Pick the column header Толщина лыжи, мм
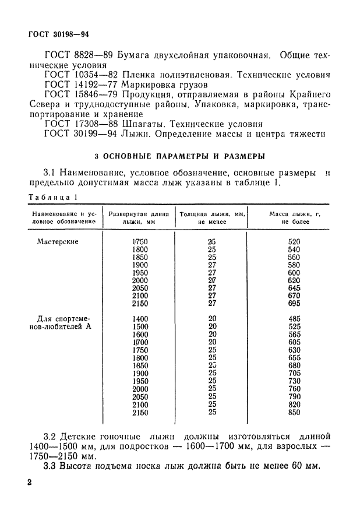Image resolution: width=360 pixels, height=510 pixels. coord(211,218)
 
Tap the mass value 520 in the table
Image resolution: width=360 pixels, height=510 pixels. coord(294,241)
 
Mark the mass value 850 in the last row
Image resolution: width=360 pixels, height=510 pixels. coord(294,413)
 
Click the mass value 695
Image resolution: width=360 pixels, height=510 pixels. coord(294,304)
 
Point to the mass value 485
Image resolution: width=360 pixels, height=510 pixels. coord(294,319)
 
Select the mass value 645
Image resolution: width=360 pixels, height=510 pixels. coord(294,288)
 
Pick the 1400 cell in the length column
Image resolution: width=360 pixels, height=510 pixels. coord(140,319)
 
